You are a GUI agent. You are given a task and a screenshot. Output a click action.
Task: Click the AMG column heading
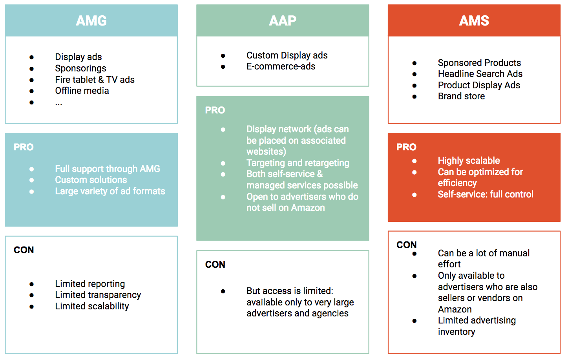point(91,21)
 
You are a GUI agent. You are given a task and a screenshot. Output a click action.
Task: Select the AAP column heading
point(283,21)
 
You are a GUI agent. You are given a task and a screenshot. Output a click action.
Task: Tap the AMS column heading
point(474,21)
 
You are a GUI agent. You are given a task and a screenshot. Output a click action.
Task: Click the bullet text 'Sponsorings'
point(80,68)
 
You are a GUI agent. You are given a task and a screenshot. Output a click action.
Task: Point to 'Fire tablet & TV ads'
point(95,80)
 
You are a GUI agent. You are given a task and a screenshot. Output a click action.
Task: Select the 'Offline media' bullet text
point(82,91)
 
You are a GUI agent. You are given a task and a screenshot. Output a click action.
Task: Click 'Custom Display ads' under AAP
point(287,55)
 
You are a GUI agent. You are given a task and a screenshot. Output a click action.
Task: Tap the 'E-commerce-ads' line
point(281,66)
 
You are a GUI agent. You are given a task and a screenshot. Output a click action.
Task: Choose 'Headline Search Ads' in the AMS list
point(480,74)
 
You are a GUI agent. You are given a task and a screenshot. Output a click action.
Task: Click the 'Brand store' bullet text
point(461,96)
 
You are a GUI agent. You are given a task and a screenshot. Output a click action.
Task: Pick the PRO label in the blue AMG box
point(24,147)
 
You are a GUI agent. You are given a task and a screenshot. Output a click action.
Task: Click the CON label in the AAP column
point(215,265)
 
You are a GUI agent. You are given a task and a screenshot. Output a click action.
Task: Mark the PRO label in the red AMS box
point(406,147)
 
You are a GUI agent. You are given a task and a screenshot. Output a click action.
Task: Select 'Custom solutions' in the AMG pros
point(91,180)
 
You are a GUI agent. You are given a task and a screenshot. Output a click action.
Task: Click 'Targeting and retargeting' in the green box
point(298,163)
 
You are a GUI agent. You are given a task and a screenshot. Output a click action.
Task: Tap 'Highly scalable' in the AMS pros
point(469,161)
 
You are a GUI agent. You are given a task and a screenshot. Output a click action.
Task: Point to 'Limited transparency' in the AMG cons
point(98,295)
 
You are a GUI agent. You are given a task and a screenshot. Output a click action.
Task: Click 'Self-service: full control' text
point(486,194)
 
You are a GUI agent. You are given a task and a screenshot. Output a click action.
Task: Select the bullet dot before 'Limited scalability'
point(31,307)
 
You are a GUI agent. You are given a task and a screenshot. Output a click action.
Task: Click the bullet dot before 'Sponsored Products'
point(414,63)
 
